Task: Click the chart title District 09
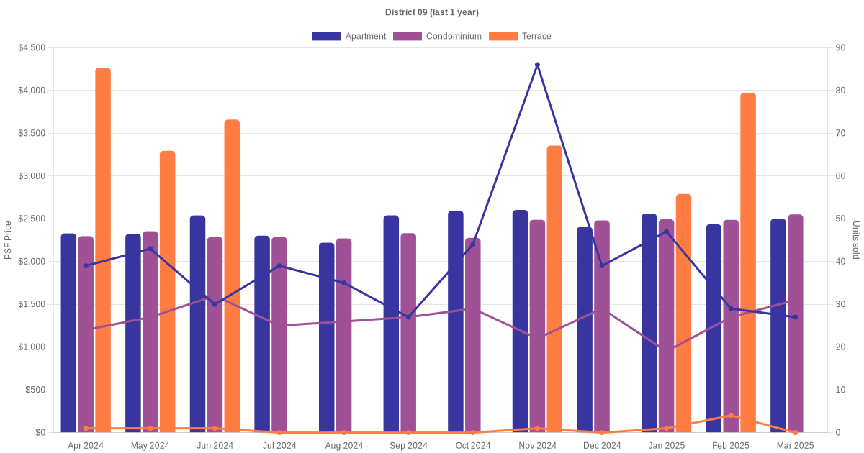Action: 431,12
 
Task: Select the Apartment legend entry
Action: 349,36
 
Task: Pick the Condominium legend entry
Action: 437,36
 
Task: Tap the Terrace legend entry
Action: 520,36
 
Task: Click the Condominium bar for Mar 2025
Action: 796,324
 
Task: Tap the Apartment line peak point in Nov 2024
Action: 537,65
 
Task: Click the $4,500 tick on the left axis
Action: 32,47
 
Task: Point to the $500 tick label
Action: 35,390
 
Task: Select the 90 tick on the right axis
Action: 840,47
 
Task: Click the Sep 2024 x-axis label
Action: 408,446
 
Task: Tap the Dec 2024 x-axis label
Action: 602,446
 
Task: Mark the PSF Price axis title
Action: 9,240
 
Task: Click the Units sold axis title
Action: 856,240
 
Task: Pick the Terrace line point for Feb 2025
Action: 731,416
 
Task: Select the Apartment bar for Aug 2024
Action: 327,338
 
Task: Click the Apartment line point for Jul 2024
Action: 279,266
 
